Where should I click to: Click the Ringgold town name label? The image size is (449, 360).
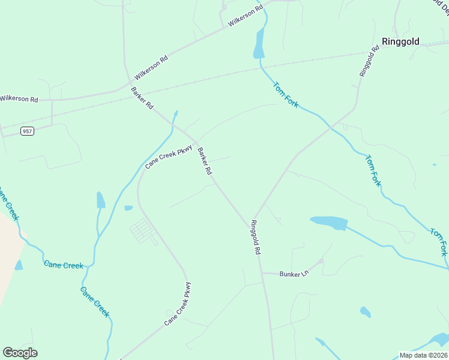click(400, 42)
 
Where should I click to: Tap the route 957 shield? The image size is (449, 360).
click(26, 131)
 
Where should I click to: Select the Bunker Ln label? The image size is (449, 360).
click(294, 274)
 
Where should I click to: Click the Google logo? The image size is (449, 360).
click(20, 353)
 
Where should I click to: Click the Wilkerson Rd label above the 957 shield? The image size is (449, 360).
click(19, 98)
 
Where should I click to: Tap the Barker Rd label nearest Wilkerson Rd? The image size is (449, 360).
click(142, 98)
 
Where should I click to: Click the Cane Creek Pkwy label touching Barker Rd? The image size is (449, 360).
click(168, 157)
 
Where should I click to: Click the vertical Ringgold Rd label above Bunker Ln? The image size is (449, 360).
click(256, 238)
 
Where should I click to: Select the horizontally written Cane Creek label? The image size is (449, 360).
click(62, 264)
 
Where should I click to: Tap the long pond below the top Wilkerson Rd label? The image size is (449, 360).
click(259, 44)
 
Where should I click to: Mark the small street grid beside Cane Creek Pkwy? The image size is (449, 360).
click(143, 230)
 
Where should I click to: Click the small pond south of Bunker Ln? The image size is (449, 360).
click(365, 312)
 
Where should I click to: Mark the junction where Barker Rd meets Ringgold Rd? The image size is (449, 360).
click(253, 218)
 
